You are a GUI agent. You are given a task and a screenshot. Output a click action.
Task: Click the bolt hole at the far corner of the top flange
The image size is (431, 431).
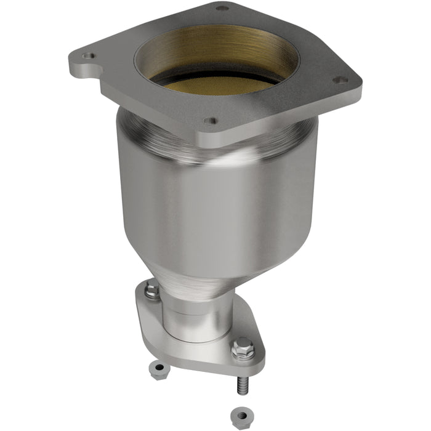(222, 8)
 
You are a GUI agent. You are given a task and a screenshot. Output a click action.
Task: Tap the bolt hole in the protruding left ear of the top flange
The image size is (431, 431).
(91, 55)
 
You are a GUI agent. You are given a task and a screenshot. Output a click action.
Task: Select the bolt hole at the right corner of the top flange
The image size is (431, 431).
(337, 79)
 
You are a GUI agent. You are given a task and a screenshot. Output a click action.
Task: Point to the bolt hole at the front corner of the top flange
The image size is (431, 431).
(211, 121)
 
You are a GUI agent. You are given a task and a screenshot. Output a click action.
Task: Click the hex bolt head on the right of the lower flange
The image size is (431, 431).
(243, 348)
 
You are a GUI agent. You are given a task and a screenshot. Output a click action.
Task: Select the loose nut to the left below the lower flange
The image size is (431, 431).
(159, 369)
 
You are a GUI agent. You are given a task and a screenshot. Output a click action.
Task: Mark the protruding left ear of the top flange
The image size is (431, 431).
(86, 62)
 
